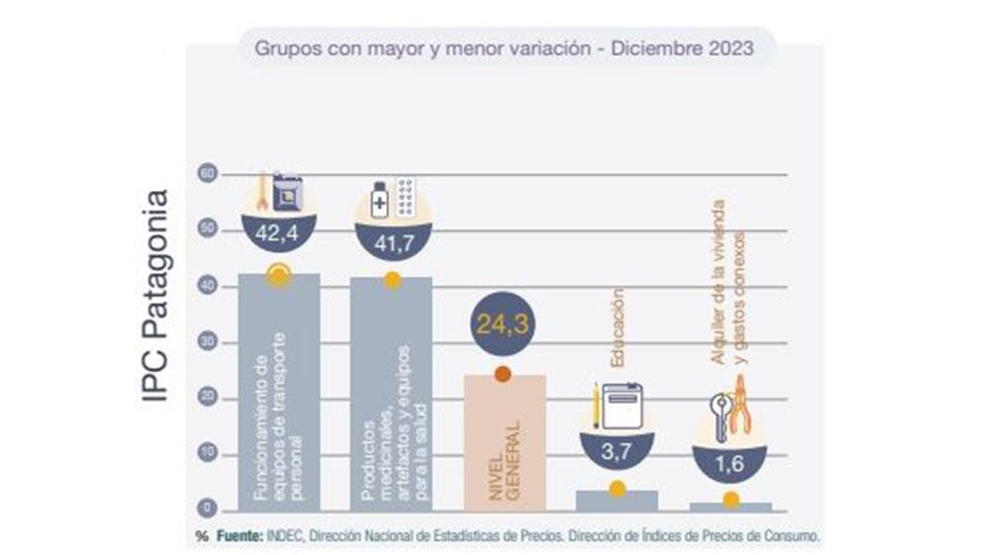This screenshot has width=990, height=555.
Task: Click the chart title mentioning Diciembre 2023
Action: click(x=504, y=46)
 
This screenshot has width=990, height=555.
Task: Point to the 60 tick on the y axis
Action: click(x=206, y=174)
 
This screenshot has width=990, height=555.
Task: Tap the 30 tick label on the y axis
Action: click(x=206, y=342)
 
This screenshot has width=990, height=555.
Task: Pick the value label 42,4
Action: click(x=281, y=235)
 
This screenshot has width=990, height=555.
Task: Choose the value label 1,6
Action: click(x=730, y=464)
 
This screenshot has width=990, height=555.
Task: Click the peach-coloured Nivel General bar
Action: click(x=503, y=445)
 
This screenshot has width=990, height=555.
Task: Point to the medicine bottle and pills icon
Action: click(x=393, y=197)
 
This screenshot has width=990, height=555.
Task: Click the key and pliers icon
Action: click(x=730, y=411)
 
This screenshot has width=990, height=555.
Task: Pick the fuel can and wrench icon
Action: click(x=281, y=192)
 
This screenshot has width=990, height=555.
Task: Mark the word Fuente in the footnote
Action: click(x=237, y=535)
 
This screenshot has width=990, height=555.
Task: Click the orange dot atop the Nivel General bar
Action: click(x=503, y=374)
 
